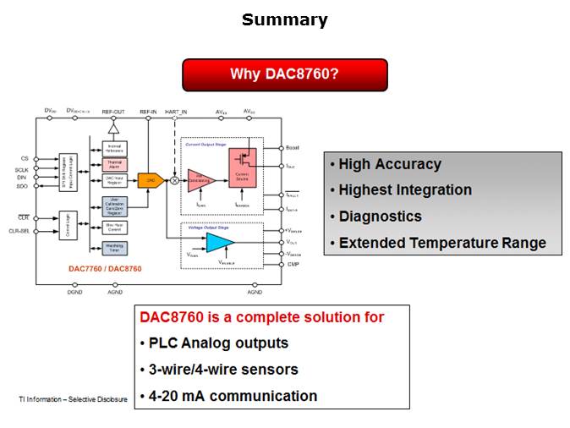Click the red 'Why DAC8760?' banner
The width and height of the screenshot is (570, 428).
(284, 74)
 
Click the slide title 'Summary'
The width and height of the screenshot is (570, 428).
(284, 19)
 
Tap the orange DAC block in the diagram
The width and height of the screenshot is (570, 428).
(151, 180)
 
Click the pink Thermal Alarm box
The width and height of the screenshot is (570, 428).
(114, 164)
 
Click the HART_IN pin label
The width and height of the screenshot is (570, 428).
(176, 112)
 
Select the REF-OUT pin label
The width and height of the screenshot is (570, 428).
(113, 112)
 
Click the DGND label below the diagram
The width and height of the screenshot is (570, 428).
(75, 292)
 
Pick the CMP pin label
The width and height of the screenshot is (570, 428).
(292, 264)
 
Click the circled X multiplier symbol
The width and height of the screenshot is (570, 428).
(175, 180)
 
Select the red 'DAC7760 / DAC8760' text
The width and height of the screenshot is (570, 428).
(105, 268)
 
